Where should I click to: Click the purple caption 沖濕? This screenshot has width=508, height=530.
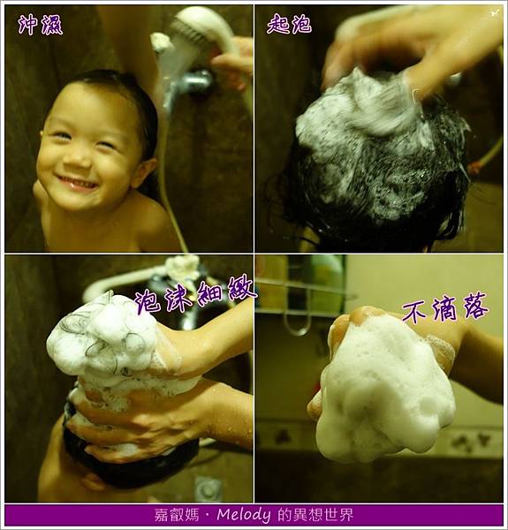[x=40, y=25]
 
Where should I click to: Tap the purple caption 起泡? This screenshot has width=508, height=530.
[x=289, y=24]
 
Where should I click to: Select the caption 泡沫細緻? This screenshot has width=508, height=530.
[x=195, y=295]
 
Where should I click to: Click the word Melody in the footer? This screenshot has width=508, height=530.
[x=243, y=515]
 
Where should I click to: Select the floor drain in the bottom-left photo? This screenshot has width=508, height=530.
[x=208, y=488]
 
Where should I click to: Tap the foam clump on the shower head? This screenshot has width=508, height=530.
[x=162, y=42]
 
